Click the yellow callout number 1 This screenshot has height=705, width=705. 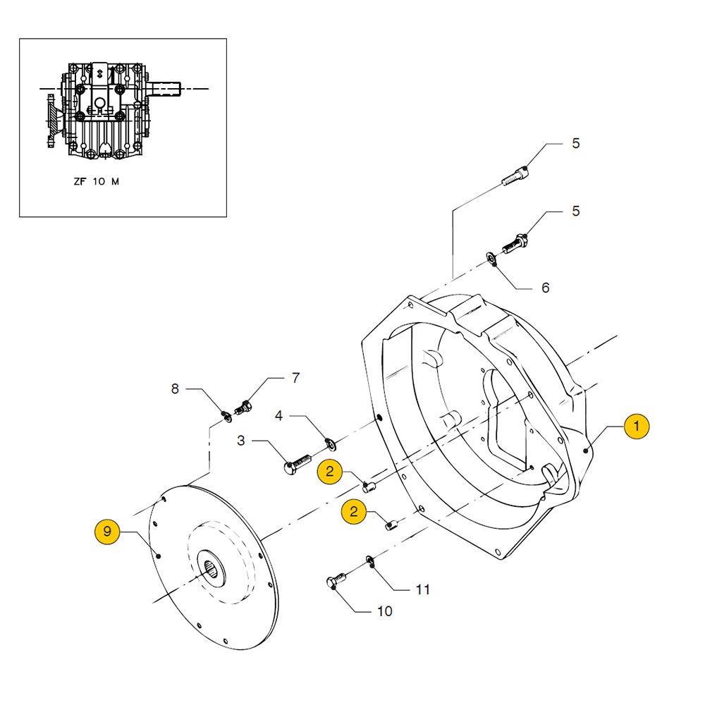point(636,427)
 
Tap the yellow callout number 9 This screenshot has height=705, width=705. point(107,532)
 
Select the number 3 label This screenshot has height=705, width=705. point(242,441)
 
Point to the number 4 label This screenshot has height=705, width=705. point(279,416)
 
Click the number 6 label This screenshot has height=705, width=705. point(545,288)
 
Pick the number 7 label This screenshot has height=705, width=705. point(295,378)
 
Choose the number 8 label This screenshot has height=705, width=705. point(175,388)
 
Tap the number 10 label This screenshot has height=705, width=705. point(385,611)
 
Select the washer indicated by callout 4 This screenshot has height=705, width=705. point(329,443)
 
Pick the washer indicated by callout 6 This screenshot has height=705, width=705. point(491,259)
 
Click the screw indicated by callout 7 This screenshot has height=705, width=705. point(245,407)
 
